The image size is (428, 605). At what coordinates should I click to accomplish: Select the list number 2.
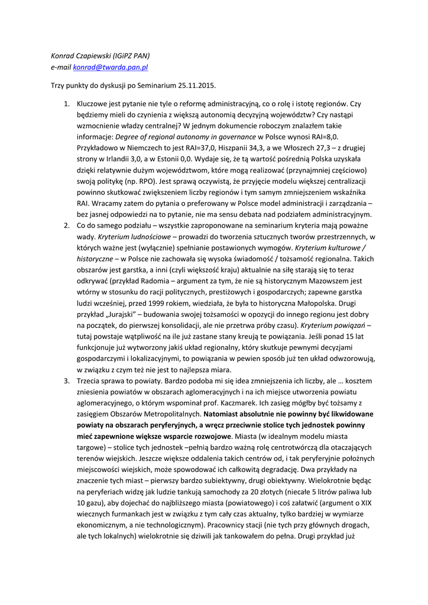click(x=67, y=226)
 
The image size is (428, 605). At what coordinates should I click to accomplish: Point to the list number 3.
click(x=67, y=380)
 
